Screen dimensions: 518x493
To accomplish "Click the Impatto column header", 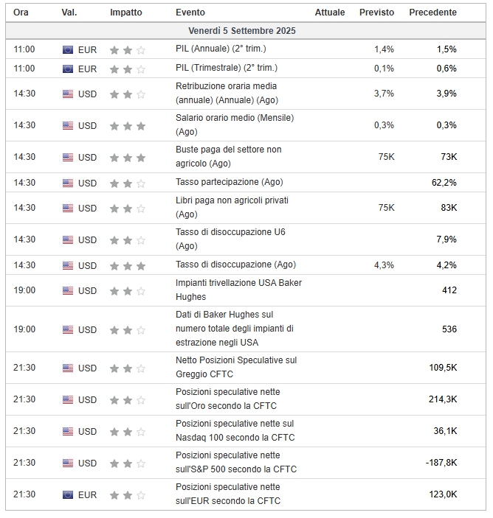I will pyautogui.click(x=126, y=13).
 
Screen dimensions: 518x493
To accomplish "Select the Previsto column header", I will pyautogui.click(x=376, y=13).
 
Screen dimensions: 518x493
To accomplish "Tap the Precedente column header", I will pyautogui.click(x=432, y=13).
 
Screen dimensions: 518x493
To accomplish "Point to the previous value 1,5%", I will pyautogui.click(x=447, y=49).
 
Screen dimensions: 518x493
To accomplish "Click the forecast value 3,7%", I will pyautogui.click(x=384, y=94).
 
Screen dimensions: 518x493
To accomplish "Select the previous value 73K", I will pyautogui.click(x=449, y=157).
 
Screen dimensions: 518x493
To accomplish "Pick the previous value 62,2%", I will pyautogui.click(x=444, y=183).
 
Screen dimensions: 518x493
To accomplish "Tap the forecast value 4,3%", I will pyautogui.click(x=384, y=265).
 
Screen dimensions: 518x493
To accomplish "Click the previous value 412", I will pyautogui.click(x=449, y=290).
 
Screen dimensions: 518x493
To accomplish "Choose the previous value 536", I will pyautogui.click(x=449, y=329).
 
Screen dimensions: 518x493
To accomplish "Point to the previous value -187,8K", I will pyautogui.click(x=441, y=463).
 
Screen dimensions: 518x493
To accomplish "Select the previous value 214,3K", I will pyautogui.click(x=443, y=399).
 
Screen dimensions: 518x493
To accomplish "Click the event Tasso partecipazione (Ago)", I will pyautogui.click(x=229, y=182).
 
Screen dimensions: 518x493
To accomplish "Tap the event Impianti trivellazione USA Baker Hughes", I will pyautogui.click(x=238, y=290).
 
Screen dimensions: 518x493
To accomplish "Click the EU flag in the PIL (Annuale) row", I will pyautogui.click(x=68, y=49).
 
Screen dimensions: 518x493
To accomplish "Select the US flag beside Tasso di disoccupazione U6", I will pyautogui.click(x=68, y=239).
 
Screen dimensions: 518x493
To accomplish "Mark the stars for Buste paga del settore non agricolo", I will pyautogui.click(x=127, y=158).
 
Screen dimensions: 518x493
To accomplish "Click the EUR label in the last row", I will pyautogui.click(x=87, y=494).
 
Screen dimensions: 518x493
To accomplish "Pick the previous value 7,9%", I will pyautogui.click(x=447, y=239).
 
